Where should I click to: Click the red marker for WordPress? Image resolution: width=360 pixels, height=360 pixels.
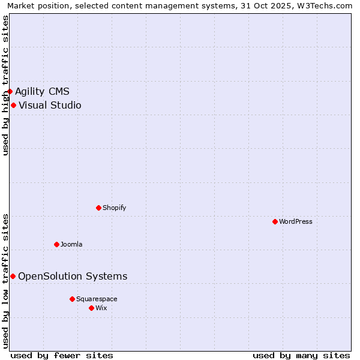pyautogui.click(x=275, y=221)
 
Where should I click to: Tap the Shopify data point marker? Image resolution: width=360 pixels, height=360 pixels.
pyautogui.click(x=98, y=208)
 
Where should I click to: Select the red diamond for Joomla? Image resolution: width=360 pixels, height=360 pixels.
pyautogui.click(x=56, y=244)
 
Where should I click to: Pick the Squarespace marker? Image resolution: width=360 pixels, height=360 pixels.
pyautogui.click(x=72, y=299)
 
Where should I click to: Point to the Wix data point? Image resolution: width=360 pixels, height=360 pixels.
pyautogui.click(x=91, y=308)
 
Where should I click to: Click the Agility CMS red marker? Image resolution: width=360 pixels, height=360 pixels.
pyautogui.click(x=10, y=91)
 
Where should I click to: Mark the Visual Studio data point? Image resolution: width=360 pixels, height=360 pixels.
pyautogui.click(x=13, y=106)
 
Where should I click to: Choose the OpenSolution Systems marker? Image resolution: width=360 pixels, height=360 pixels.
pyautogui.click(x=13, y=276)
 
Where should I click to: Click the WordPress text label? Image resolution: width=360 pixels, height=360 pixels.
pyautogui.click(x=296, y=221)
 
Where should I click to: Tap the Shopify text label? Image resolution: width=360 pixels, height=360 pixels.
pyautogui.click(x=114, y=208)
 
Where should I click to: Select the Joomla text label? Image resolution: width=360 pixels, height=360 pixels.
pyautogui.click(x=71, y=244)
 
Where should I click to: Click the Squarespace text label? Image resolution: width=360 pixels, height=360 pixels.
pyautogui.click(x=97, y=299)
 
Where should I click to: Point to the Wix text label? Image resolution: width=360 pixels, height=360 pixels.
pyautogui.click(x=101, y=308)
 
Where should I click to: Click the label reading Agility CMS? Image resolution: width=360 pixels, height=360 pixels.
pyautogui.click(x=42, y=91)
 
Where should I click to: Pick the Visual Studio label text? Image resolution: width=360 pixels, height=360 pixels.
pyautogui.click(x=50, y=106)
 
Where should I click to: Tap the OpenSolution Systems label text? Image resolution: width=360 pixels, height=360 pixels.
pyautogui.click(x=73, y=276)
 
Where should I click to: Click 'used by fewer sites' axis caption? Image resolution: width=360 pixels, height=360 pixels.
pyautogui.click(x=62, y=355)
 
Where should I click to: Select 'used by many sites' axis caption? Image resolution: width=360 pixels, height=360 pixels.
pyautogui.click(x=301, y=355)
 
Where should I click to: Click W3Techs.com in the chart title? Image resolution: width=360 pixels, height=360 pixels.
pyautogui.click(x=325, y=5)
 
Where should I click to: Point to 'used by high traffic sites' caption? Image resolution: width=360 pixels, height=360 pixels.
pyautogui.click(x=5, y=85)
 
